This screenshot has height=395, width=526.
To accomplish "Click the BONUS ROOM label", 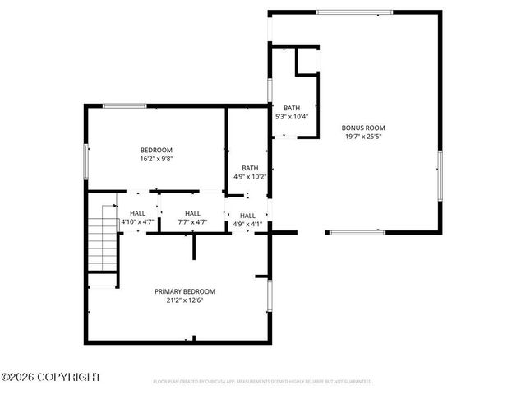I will click(x=362, y=128).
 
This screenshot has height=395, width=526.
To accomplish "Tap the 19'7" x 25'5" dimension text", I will click(x=362, y=137).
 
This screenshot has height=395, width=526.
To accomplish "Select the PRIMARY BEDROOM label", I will click(x=185, y=291).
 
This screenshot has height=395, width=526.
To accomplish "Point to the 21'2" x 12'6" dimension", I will click(x=185, y=300).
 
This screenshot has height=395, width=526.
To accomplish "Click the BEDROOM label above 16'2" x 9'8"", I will click(x=155, y=150).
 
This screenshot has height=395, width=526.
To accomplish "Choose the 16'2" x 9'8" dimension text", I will click(x=155, y=159).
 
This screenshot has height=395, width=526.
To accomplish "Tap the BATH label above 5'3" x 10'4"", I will click(x=292, y=108).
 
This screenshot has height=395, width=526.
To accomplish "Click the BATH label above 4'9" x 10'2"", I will click(x=250, y=168).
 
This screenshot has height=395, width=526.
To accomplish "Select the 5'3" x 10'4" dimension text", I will click(x=292, y=117).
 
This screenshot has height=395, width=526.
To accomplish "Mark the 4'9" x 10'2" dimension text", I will click(x=250, y=177).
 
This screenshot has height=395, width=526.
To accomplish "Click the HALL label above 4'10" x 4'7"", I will click(x=137, y=213).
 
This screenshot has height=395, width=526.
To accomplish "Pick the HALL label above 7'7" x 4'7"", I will click(x=192, y=213).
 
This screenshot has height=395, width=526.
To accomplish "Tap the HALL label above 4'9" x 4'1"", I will click(x=247, y=216).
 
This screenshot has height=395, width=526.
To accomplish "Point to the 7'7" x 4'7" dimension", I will click(x=192, y=222).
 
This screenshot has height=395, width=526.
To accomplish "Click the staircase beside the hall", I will click(x=103, y=238).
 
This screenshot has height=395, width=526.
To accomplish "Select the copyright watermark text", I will click(x=50, y=377).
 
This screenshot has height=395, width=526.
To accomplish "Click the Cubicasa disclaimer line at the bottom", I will click(x=263, y=382).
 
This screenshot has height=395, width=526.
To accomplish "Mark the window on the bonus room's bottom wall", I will click(x=357, y=232).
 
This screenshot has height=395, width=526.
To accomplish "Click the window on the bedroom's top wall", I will click(x=125, y=105).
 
